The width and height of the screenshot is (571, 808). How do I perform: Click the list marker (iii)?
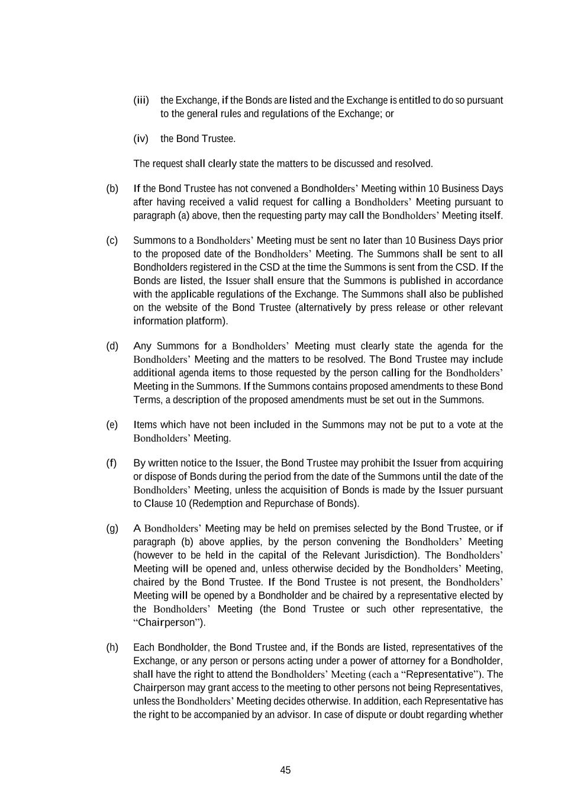point(141,100)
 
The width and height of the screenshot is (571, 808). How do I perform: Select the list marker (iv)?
point(141,139)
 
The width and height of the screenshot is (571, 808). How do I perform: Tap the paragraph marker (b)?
point(112,188)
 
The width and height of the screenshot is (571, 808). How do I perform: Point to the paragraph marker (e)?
point(112,424)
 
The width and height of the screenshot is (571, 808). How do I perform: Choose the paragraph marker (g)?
point(112,528)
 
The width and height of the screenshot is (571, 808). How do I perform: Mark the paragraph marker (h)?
point(112,647)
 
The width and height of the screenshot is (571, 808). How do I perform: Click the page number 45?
point(285,770)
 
